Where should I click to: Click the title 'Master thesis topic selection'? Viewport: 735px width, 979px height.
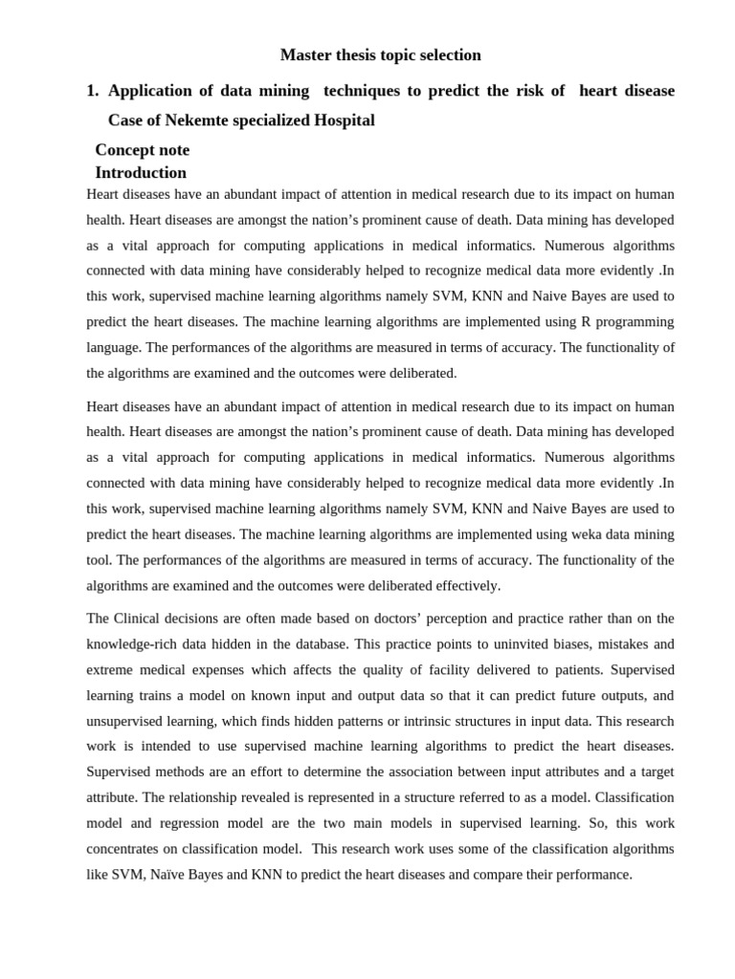(x=380, y=55)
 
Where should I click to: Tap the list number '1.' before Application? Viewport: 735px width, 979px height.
(x=93, y=91)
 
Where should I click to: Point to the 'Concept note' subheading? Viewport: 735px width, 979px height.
(x=142, y=150)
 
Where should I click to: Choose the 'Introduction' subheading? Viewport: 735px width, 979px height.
(x=141, y=173)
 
